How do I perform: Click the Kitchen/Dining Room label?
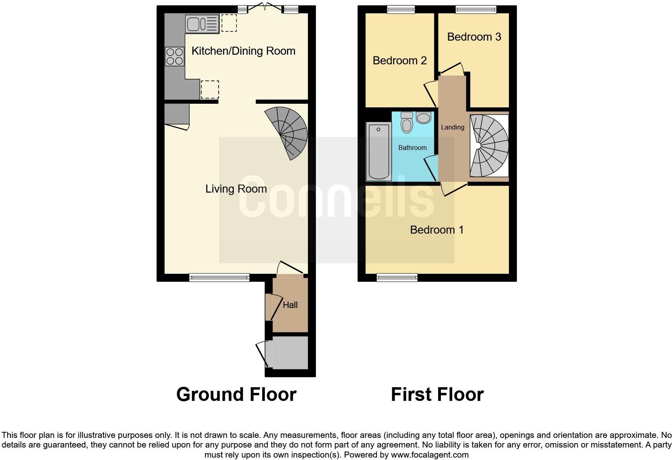(243, 51)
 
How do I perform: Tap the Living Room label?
(236, 189)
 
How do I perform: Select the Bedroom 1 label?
(436, 230)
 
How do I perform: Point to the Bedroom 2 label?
(400, 60)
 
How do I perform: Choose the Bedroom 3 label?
(474, 37)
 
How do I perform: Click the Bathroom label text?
(412, 148)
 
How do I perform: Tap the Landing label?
(453, 127)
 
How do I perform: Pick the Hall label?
(290, 305)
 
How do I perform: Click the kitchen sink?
(202, 23)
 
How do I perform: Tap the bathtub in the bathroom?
(379, 152)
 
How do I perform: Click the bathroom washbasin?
(423, 117)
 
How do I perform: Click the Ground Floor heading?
(236, 394)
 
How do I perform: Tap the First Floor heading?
(437, 394)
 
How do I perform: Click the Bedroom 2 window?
(401, 10)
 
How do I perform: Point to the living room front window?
(219, 277)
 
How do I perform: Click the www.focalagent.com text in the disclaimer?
(430, 455)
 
